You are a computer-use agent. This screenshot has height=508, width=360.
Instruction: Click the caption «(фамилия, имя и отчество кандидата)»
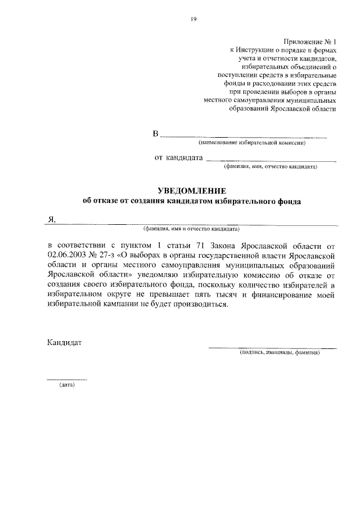click(191, 229)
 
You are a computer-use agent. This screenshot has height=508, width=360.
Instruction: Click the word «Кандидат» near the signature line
click(65, 342)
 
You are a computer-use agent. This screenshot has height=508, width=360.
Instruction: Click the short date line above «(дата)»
click(66, 380)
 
